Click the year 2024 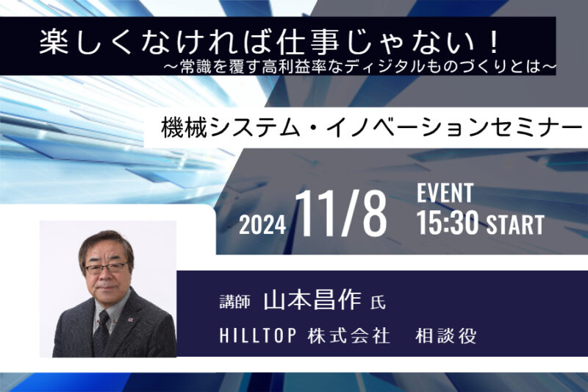click(262, 226)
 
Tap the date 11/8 click(341, 213)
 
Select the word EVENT click(445, 193)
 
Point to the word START click(515, 225)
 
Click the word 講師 click(234, 302)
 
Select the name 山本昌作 click(312, 300)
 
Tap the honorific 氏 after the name click(378, 302)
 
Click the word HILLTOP click(258, 335)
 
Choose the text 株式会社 click(348, 335)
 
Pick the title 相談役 click(446, 335)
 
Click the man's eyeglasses click(107, 268)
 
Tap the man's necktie click(101, 331)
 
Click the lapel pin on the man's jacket click(132, 319)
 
